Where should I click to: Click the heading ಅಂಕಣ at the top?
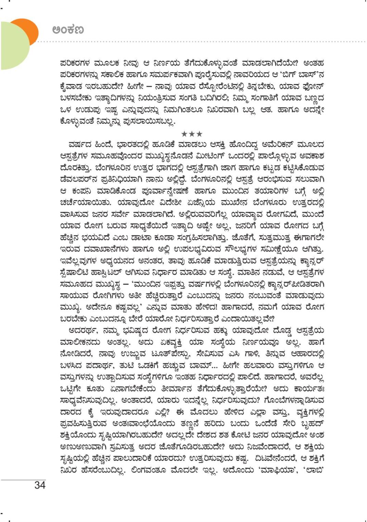pos(68,30)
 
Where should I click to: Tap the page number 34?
pos(40,485)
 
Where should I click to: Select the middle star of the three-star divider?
pos(192,134)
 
